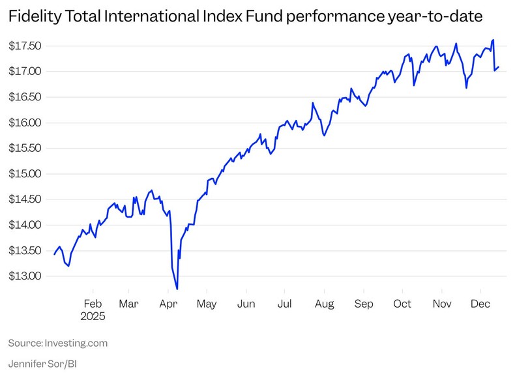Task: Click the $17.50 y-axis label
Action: click(25, 46)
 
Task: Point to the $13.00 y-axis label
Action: click(25, 276)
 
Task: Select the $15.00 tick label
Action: click(25, 174)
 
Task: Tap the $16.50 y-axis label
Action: click(25, 97)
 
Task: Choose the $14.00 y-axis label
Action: click(25, 225)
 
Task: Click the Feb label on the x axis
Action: click(93, 304)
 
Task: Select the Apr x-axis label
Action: click(168, 304)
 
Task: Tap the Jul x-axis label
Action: click(284, 304)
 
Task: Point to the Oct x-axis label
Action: click(402, 304)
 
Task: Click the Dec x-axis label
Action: click(480, 304)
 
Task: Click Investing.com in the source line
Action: click(76, 343)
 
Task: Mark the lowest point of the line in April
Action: click(177, 289)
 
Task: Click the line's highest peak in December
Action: click(493, 40)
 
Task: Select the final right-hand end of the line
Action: click(499, 66)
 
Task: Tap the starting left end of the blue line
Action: click(54, 254)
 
